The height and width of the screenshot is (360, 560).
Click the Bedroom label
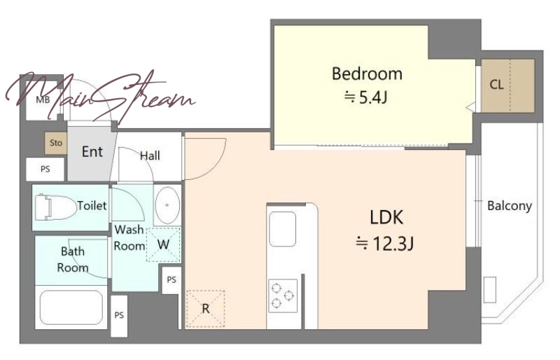(x=367, y=74)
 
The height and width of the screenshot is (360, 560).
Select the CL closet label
(x=496, y=85)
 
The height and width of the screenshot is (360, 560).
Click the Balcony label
(x=510, y=206)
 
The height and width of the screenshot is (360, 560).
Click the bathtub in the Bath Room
(x=71, y=307)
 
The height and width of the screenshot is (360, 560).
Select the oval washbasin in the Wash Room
(x=167, y=205)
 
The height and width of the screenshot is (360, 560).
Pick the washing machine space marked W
(x=163, y=245)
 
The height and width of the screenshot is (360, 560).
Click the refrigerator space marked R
(x=205, y=308)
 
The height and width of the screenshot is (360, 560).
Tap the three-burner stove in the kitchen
(x=283, y=296)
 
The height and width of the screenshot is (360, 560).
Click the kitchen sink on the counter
(x=283, y=229)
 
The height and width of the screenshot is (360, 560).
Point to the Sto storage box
(x=56, y=143)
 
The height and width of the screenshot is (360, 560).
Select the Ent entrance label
(x=92, y=152)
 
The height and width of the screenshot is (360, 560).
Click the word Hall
(x=150, y=156)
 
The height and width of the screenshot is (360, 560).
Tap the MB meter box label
(x=43, y=100)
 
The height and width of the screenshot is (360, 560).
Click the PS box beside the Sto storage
(x=45, y=169)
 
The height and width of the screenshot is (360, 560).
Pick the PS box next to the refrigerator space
(x=171, y=279)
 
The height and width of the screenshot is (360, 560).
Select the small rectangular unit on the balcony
(x=490, y=290)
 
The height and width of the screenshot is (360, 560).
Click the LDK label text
(x=386, y=217)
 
